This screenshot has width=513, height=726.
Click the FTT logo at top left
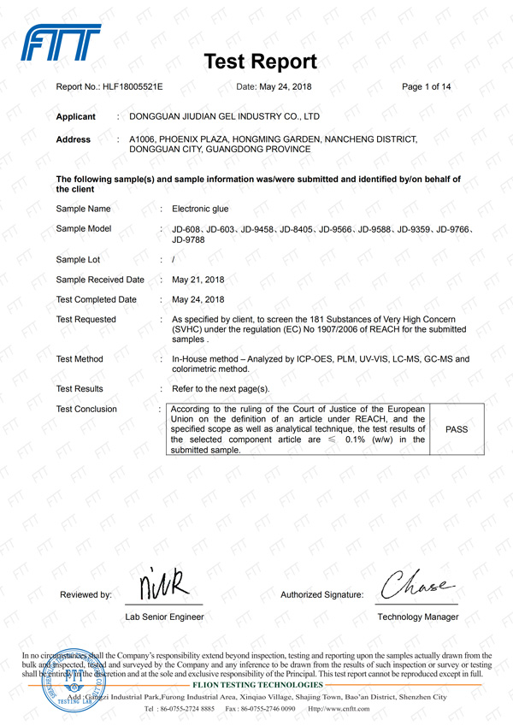tap(61, 43)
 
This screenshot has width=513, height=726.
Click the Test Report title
tap(261, 62)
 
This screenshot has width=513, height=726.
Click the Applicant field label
tap(75, 116)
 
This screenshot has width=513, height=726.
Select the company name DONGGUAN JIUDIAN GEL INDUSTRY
tap(224, 116)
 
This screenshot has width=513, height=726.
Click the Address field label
tap(73, 139)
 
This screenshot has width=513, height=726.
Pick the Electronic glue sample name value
tap(200, 209)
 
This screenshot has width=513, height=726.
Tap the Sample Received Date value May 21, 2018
tap(198, 280)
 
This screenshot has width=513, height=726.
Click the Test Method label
tap(80, 359)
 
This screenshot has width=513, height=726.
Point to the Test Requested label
tap(85, 319)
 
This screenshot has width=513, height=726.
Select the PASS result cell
tap(457, 429)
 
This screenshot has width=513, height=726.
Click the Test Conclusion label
tap(86, 409)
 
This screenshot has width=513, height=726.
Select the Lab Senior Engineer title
tap(164, 617)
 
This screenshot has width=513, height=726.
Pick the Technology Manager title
tap(417, 617)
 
